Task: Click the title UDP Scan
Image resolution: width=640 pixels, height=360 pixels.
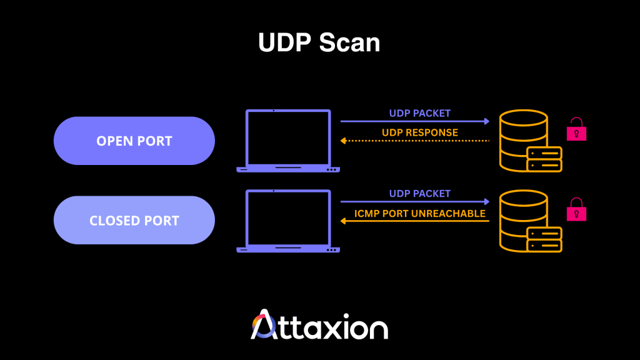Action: tap(319, 42)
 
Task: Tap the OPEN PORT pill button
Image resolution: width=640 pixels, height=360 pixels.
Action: tap(134, 141)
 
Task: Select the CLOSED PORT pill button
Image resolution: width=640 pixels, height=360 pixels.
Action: tap(134, 221)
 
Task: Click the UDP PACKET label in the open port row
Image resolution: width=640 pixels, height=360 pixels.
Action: tap(419, 113)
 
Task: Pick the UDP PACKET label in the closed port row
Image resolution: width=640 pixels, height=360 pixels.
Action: tap(419, 194)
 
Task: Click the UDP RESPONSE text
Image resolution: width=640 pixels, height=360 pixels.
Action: tap(419, 132)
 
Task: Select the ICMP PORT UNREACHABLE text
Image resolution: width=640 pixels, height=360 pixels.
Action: tap(419, 213)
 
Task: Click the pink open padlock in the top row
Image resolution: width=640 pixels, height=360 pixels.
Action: tap(576, 130)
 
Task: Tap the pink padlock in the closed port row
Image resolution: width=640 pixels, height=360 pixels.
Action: tap(576, 211)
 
